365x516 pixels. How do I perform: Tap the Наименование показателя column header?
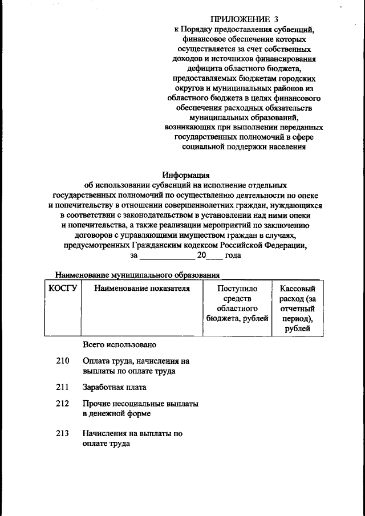(141, 289)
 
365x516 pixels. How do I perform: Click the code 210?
(63, 361)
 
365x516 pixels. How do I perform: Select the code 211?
(63, 387)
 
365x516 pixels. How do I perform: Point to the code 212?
(63, 404)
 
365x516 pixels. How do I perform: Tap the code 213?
(63, 433)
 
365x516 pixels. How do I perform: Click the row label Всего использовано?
(119, 345)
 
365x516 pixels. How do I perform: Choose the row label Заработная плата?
(115, 387)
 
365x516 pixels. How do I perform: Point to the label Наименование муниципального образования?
(137, 275)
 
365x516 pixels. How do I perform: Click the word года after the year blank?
(233, 255)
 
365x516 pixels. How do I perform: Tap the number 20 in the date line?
(201, 255)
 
